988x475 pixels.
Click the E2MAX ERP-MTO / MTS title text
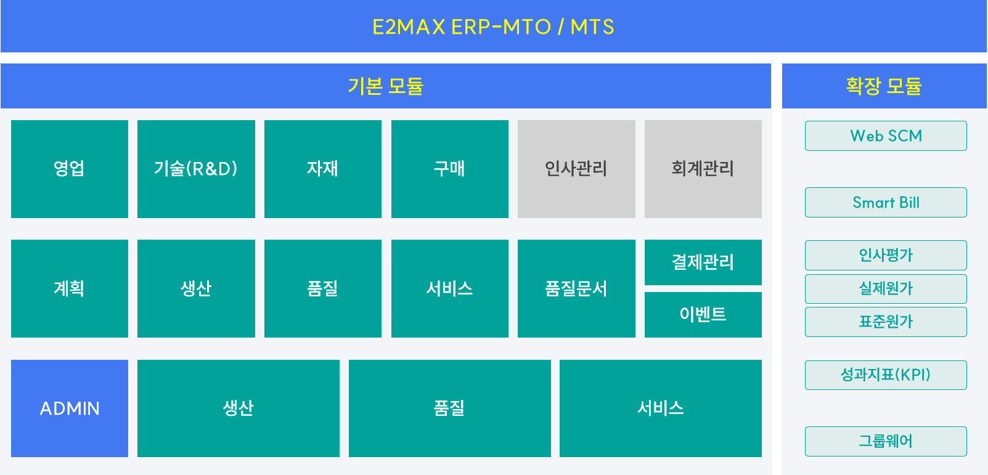coord(493,27)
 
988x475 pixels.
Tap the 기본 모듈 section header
coord(385,86)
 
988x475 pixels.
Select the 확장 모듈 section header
coord(884,86)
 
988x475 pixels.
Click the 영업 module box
coord(70,169)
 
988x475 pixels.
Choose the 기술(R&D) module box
coord(196,169)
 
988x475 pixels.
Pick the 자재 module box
coord(323,169)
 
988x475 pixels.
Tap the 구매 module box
coord(450,169)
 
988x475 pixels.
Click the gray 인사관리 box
coord(576,169)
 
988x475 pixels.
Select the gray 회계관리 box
coord(703,169)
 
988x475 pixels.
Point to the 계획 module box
coord(70,288)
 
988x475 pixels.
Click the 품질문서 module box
coord(576,288)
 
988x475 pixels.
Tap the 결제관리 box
coord(703,262)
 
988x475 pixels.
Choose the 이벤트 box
coord(703,314)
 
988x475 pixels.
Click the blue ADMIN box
coord(70,408)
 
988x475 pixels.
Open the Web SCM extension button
coord(886,136)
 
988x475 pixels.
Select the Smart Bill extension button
coord(886,203)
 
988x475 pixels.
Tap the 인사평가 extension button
coord(886,255)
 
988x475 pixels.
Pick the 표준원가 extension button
coord(886,322)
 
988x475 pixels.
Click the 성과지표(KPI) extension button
coord(886,375)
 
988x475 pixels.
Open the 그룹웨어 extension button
coord(886,442)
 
